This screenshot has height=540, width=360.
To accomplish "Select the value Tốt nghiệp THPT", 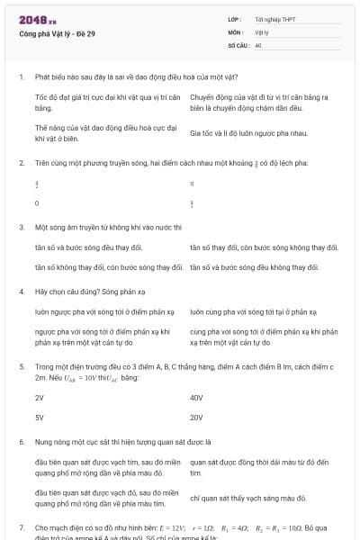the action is point(274,19).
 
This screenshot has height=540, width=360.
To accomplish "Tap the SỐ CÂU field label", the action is point(238,44).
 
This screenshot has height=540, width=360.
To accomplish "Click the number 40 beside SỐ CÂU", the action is point(258,44).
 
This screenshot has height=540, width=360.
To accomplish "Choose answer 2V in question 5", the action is point(40,397).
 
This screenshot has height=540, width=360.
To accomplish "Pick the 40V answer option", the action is point(196,397).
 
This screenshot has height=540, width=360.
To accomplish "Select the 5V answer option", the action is point(40,418).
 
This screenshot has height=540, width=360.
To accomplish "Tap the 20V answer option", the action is point(196,418).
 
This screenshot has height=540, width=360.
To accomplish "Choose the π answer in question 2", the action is point(192,183).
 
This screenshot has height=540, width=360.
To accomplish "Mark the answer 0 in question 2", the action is point(37,203).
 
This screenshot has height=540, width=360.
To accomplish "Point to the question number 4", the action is point(21,292).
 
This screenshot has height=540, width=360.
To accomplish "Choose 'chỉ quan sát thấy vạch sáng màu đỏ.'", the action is point(249,498).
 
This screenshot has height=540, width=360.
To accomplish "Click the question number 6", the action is point(21,442).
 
